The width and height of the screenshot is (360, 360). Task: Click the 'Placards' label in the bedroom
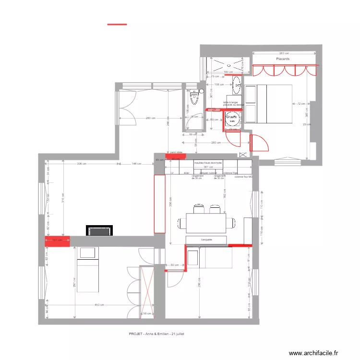pyautogui.click(x=283, y=59)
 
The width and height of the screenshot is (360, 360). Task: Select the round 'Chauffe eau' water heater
pyautogui.click(x=232, y=118)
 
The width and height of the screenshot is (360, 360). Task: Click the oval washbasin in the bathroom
pyautogui.click(x=238, y=88)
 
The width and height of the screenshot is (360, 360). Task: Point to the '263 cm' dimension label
pyautogui.click(x=283, y=53)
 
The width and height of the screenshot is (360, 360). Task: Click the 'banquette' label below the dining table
pyautogui.click(x=207, y=239)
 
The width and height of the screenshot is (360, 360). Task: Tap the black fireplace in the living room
pyautogui.click(x=99, y=230)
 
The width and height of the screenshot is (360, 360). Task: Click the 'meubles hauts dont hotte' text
pyautogui.click(x=208, y=163)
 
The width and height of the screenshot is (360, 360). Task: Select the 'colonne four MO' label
pyautogui.click(x=244, y=177)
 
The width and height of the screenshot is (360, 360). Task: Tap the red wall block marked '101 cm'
pyautogui.click(x=58, y=240)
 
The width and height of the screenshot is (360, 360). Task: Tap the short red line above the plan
pyautogui.click(x=117, y=24)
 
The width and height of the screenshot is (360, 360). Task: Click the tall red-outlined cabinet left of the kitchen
pyautogui.click(x=159, y=204)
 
